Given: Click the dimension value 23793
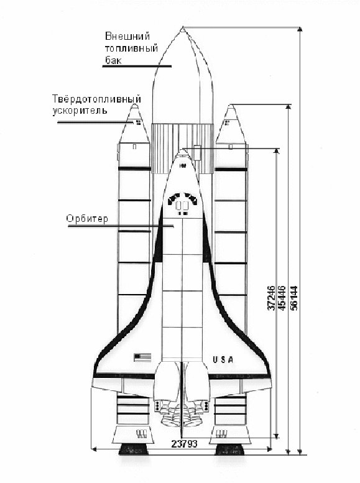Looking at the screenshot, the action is coord(184,444).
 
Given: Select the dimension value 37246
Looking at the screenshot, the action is coord(271,298).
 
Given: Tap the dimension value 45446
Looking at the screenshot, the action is coord(282,298).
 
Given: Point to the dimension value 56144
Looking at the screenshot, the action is coord(294,298).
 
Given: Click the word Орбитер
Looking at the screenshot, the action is coord(87,219).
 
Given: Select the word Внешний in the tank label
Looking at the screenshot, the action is coord(127,36).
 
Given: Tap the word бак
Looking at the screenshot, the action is coord(113,60).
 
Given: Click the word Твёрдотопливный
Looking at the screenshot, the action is coord(96,99).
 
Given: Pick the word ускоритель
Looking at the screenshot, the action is coord(80,111).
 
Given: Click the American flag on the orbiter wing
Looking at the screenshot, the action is coord(142,357).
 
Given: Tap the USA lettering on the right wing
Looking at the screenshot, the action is coord(223,359).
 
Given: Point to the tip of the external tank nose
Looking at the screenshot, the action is coord(183,27).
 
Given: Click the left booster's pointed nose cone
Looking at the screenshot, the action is coord(134,123).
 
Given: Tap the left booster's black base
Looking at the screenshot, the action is coord(134,449).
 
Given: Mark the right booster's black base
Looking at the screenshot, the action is coord(229,449).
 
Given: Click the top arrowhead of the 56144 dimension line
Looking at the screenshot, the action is coord(300,29).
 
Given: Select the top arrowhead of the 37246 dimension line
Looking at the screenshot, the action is coord(277,151).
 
